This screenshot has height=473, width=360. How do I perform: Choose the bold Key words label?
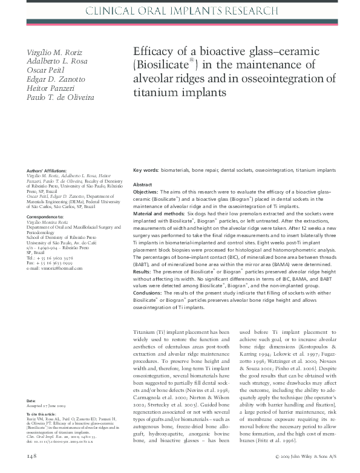[x=146, y=171]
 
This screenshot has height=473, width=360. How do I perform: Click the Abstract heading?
[x=142, y=184]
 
